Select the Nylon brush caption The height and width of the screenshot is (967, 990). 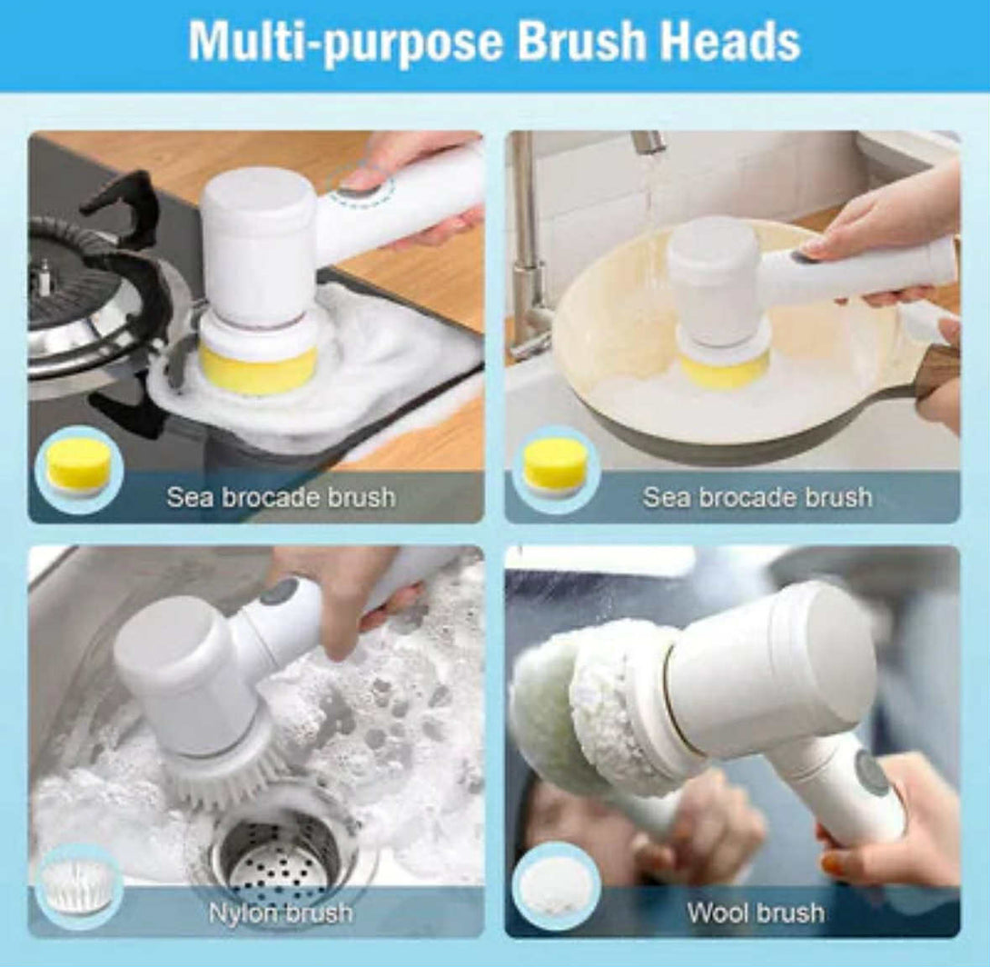click(281, 912)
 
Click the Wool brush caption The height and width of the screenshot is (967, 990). click(755, 912)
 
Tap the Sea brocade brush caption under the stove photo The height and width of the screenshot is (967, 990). click(281, 497)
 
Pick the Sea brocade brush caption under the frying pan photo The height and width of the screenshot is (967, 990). click(757, 497)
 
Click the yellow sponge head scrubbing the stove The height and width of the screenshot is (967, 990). click(258, 370)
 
